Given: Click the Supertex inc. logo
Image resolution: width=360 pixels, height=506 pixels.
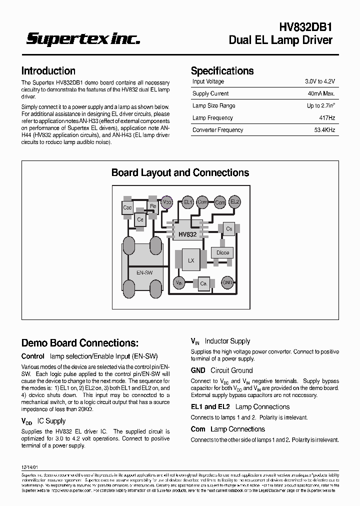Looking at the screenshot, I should click(x=83, y=39).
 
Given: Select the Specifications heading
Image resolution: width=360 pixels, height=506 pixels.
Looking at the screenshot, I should click(x=222, y=71).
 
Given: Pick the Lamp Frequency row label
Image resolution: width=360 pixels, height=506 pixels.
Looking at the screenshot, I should click(x=212, y=118).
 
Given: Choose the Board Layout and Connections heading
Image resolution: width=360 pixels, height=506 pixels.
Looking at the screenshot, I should click(x=180, y=172).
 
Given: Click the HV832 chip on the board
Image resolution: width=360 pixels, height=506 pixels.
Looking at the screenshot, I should click(x=187, y=233).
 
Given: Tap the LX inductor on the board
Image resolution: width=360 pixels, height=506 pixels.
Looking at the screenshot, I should click(x=191, y=260).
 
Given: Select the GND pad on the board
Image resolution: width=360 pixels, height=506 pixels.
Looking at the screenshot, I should click(x=227, y=282).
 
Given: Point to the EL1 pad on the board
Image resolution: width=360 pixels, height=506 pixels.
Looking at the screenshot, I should click(x=188, y=202).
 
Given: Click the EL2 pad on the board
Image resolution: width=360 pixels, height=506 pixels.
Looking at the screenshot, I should click(x=235, y=202).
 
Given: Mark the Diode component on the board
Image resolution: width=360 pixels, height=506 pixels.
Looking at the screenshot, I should click(x=222, y=252).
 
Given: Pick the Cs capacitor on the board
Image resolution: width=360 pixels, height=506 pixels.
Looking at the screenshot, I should click(x=229, y=228).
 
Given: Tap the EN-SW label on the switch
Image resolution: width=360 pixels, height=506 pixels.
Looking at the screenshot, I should click(x=144, y=272).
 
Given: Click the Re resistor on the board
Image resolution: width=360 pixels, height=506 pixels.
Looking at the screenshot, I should click(x=153, y=206).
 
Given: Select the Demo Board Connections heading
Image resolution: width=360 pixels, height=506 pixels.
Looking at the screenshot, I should click(x=80, y=343).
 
